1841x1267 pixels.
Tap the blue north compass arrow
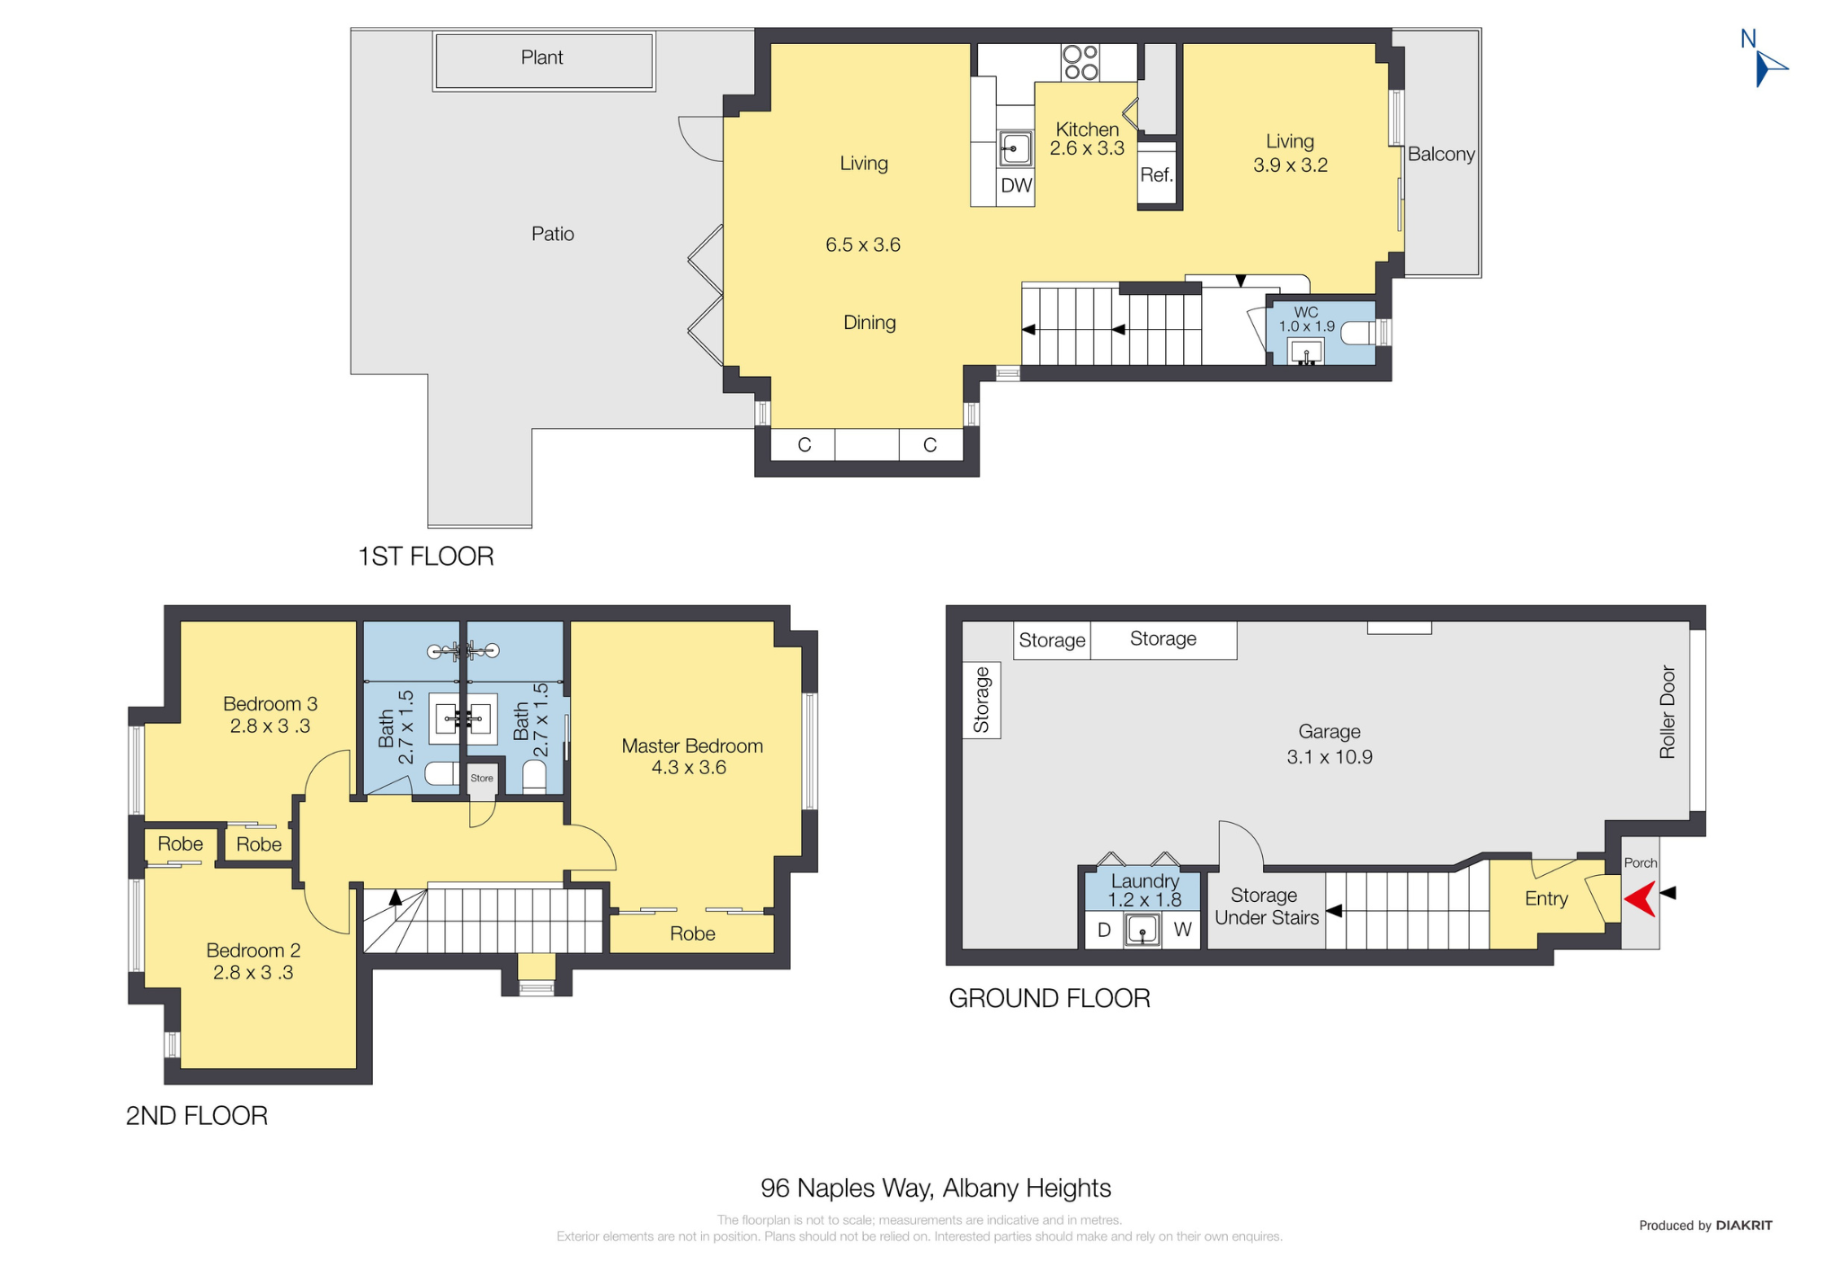(1769, 68)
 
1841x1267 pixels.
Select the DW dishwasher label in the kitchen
(1016, 185)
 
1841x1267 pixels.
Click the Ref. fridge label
(1157, 174)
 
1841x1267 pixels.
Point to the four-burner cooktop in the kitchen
(1081, 62)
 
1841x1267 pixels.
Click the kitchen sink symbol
(1016, 147)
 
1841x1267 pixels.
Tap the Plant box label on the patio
(542, 58)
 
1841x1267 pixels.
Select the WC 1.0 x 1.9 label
(1306, 319)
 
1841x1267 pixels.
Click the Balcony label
(1441, 154)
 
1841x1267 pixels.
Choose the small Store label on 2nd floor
(482, 778)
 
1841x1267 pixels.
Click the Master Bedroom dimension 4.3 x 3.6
(689, 767)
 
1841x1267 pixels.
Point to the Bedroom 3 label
(270, 703)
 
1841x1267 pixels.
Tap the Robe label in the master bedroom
(692, 933)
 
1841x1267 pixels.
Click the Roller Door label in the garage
(1668, 711)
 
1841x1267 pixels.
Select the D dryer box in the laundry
(1104, 930)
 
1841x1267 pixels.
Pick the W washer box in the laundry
(1182, 930)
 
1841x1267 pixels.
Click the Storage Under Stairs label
(1266, 906)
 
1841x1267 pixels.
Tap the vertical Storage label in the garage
(982, 700)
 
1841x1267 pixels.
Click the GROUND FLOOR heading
(1049, 998)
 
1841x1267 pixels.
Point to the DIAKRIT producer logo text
(1744, 1225)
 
